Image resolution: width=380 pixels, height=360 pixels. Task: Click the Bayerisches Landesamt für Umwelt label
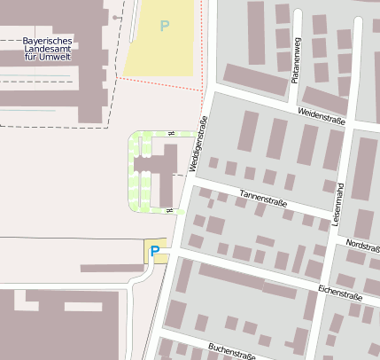tap(47, 49)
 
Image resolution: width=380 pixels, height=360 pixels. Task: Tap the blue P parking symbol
tap(154, 252)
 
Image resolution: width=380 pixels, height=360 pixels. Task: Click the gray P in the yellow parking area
tap(164, 27)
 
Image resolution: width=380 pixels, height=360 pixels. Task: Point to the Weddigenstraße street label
tap(196, 145)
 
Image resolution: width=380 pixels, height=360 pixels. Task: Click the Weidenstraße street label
tap(322, 115)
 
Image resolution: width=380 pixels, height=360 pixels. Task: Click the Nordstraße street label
tap(363, 243)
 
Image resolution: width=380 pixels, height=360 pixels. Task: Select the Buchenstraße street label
tap(231, 350)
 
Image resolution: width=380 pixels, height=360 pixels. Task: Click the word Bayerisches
tap(47, 41)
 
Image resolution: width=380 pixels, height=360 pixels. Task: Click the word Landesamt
tap(47, 49)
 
